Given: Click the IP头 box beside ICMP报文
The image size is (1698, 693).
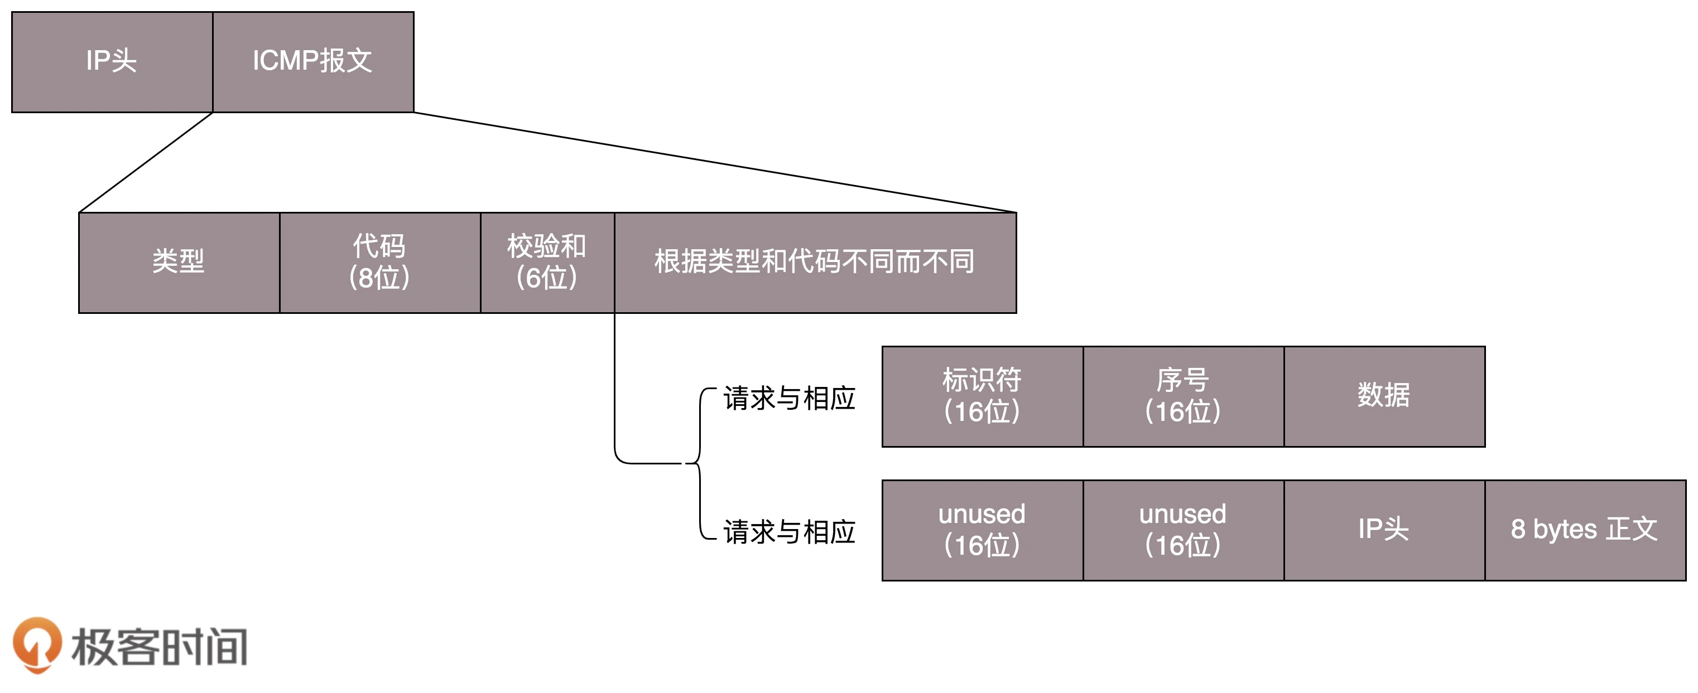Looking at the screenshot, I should click(112, 62).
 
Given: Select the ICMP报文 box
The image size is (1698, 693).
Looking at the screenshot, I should click(313, 62).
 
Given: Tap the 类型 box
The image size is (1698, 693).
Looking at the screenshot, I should click(179, 262).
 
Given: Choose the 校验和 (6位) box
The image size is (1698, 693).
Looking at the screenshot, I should click(547, 262).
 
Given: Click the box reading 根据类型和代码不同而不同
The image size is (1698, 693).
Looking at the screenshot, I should click(815, 262).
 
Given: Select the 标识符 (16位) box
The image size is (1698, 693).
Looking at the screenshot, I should click(982, 396).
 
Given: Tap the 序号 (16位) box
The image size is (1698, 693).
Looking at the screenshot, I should click(1183, 396).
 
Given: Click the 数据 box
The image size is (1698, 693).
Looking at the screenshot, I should click(1384, 396).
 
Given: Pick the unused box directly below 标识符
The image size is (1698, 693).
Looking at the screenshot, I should click(982, 530).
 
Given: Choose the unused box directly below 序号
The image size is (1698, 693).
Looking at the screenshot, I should click(1183, 530).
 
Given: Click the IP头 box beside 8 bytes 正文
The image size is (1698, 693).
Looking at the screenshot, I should click(1384, 530).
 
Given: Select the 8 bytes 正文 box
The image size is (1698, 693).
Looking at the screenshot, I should click(1585, 530).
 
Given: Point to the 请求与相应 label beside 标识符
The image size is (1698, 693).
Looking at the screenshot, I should click(789, 399).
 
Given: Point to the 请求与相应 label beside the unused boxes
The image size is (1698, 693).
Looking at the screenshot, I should click(789, 532).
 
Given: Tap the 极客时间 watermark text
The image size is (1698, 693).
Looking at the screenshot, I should click(160, 647).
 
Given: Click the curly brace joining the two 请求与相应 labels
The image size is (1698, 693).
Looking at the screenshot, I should click(699, 464).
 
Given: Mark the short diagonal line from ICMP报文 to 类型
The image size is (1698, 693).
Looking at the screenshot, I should click(146, 163).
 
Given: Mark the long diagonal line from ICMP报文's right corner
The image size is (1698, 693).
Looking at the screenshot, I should click(715, 163).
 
